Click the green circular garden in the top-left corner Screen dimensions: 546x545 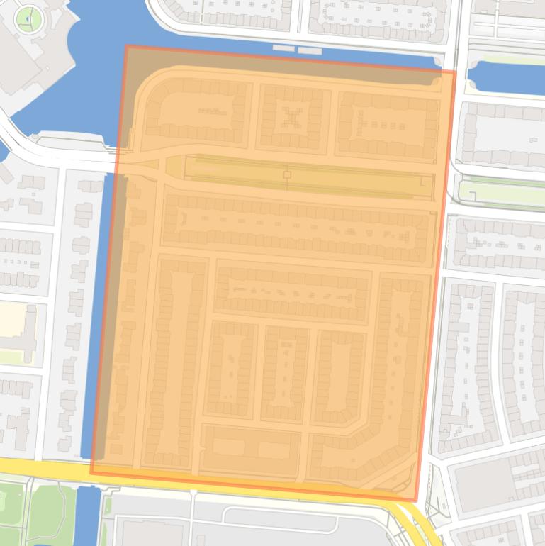[x=29, y=18]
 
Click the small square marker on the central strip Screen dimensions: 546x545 [x=287, y=174]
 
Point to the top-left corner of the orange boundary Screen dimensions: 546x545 [x=126, y=47]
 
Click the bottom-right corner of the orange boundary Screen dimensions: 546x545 [x=415, y=500]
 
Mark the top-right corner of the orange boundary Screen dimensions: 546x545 [x=455, y=71]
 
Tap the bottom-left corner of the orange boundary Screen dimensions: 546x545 [x=91, y=472]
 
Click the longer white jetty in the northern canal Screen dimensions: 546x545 [x=310, y=51]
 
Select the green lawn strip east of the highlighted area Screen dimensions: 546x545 [x=500, y=192]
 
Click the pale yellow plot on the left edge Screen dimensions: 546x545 [x=17, y=323]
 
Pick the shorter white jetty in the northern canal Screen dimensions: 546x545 [x=283, y=48]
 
